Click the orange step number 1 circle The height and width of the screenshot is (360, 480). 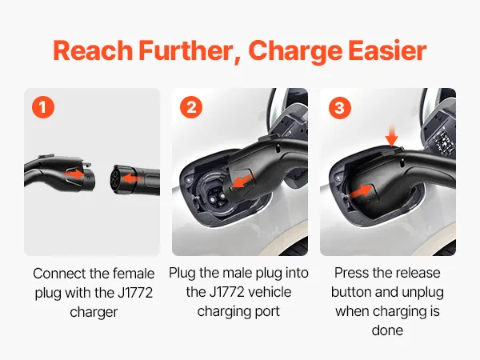[x=43, y=107]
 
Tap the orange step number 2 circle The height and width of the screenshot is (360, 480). [x=191, y=107]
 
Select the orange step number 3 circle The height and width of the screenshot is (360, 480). [x=340, y=107]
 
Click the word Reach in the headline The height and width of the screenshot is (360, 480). [x=93, y=51]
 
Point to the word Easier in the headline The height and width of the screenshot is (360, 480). [x=387, y=51]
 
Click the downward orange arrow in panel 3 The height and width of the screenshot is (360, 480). [x=391, y=137]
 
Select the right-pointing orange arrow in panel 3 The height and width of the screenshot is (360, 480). [x=360, y=191]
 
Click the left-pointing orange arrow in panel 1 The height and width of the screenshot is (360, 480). [x=130, y=178]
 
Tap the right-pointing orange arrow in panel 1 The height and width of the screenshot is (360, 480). [x=74, y=174]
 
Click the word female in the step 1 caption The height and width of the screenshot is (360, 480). [x=134, y=274]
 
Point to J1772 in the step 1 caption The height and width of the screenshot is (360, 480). [x=135, y=293]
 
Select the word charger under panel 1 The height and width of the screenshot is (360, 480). [x=94, y=313]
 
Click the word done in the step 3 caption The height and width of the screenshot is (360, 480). [x=387, y=330]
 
